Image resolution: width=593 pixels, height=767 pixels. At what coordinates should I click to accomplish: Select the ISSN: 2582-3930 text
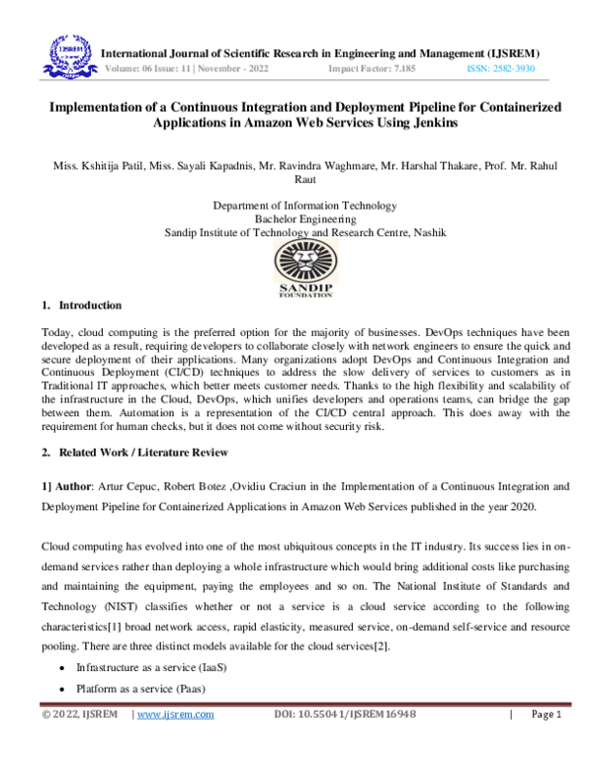[x=500, y=70]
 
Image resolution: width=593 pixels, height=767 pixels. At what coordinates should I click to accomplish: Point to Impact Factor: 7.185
[x=372, y=70]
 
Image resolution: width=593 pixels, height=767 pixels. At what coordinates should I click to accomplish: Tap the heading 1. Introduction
[x=83, y=305]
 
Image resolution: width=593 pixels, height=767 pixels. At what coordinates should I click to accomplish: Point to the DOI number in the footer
[x=344, y=742]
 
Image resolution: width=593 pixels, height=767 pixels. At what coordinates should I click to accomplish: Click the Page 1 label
[x=547, y=742]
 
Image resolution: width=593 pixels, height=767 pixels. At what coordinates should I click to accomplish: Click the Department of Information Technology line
[x=304, y=206]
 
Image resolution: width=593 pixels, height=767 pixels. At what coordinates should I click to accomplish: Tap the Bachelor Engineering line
[x=304, y=218]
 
